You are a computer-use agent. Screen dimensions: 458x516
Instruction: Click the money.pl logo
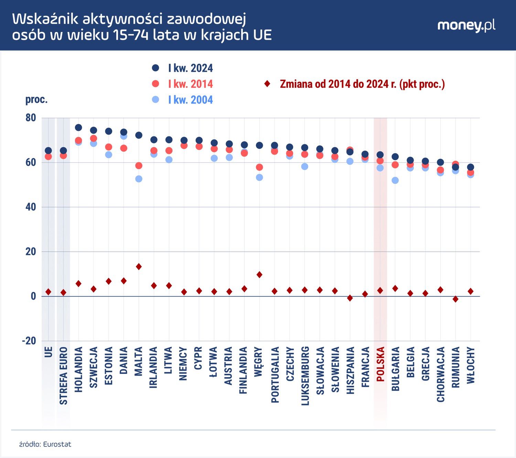pyautogui.click(x=466, y=25)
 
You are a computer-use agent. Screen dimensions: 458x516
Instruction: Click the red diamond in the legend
pyautogui.click(x=267, y=84)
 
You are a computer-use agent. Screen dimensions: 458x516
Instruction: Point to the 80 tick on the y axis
pyautogui.click(x=31, y=118)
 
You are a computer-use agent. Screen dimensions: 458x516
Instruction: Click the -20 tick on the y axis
pyautogui.click(x=29, y=341)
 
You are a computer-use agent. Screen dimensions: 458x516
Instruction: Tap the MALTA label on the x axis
pyautogui.click(x=139, y=361)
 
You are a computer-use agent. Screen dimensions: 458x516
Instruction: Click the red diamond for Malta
pyautogui.click(x=139, y=267)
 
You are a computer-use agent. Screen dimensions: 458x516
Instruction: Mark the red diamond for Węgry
pyautogui.click(x=259, y=275)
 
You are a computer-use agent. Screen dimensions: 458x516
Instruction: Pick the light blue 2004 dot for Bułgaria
pyautogui.click(x=395, y=180)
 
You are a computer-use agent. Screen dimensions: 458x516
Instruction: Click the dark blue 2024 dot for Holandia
pyautogui.click(x=78, y=127)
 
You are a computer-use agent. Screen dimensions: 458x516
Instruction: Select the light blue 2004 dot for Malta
pyautogui.click(x=139, y=179)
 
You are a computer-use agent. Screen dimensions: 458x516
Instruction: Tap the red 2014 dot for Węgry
pyautogui.click(x=259, y=167)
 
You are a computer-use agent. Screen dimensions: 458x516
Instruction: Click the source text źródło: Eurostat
pyautogui.click(x=45, y=444)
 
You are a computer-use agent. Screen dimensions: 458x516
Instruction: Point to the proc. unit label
pyautogui.click(x=36, y=100)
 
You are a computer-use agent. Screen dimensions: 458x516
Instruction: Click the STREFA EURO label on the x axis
pyautogui.click(x=64, y=376)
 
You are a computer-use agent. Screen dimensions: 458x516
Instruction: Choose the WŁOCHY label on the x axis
pyautogui.click(x=471, y=365)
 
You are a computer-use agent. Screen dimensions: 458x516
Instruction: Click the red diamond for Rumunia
pyautogui.click(x=455, y=299)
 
